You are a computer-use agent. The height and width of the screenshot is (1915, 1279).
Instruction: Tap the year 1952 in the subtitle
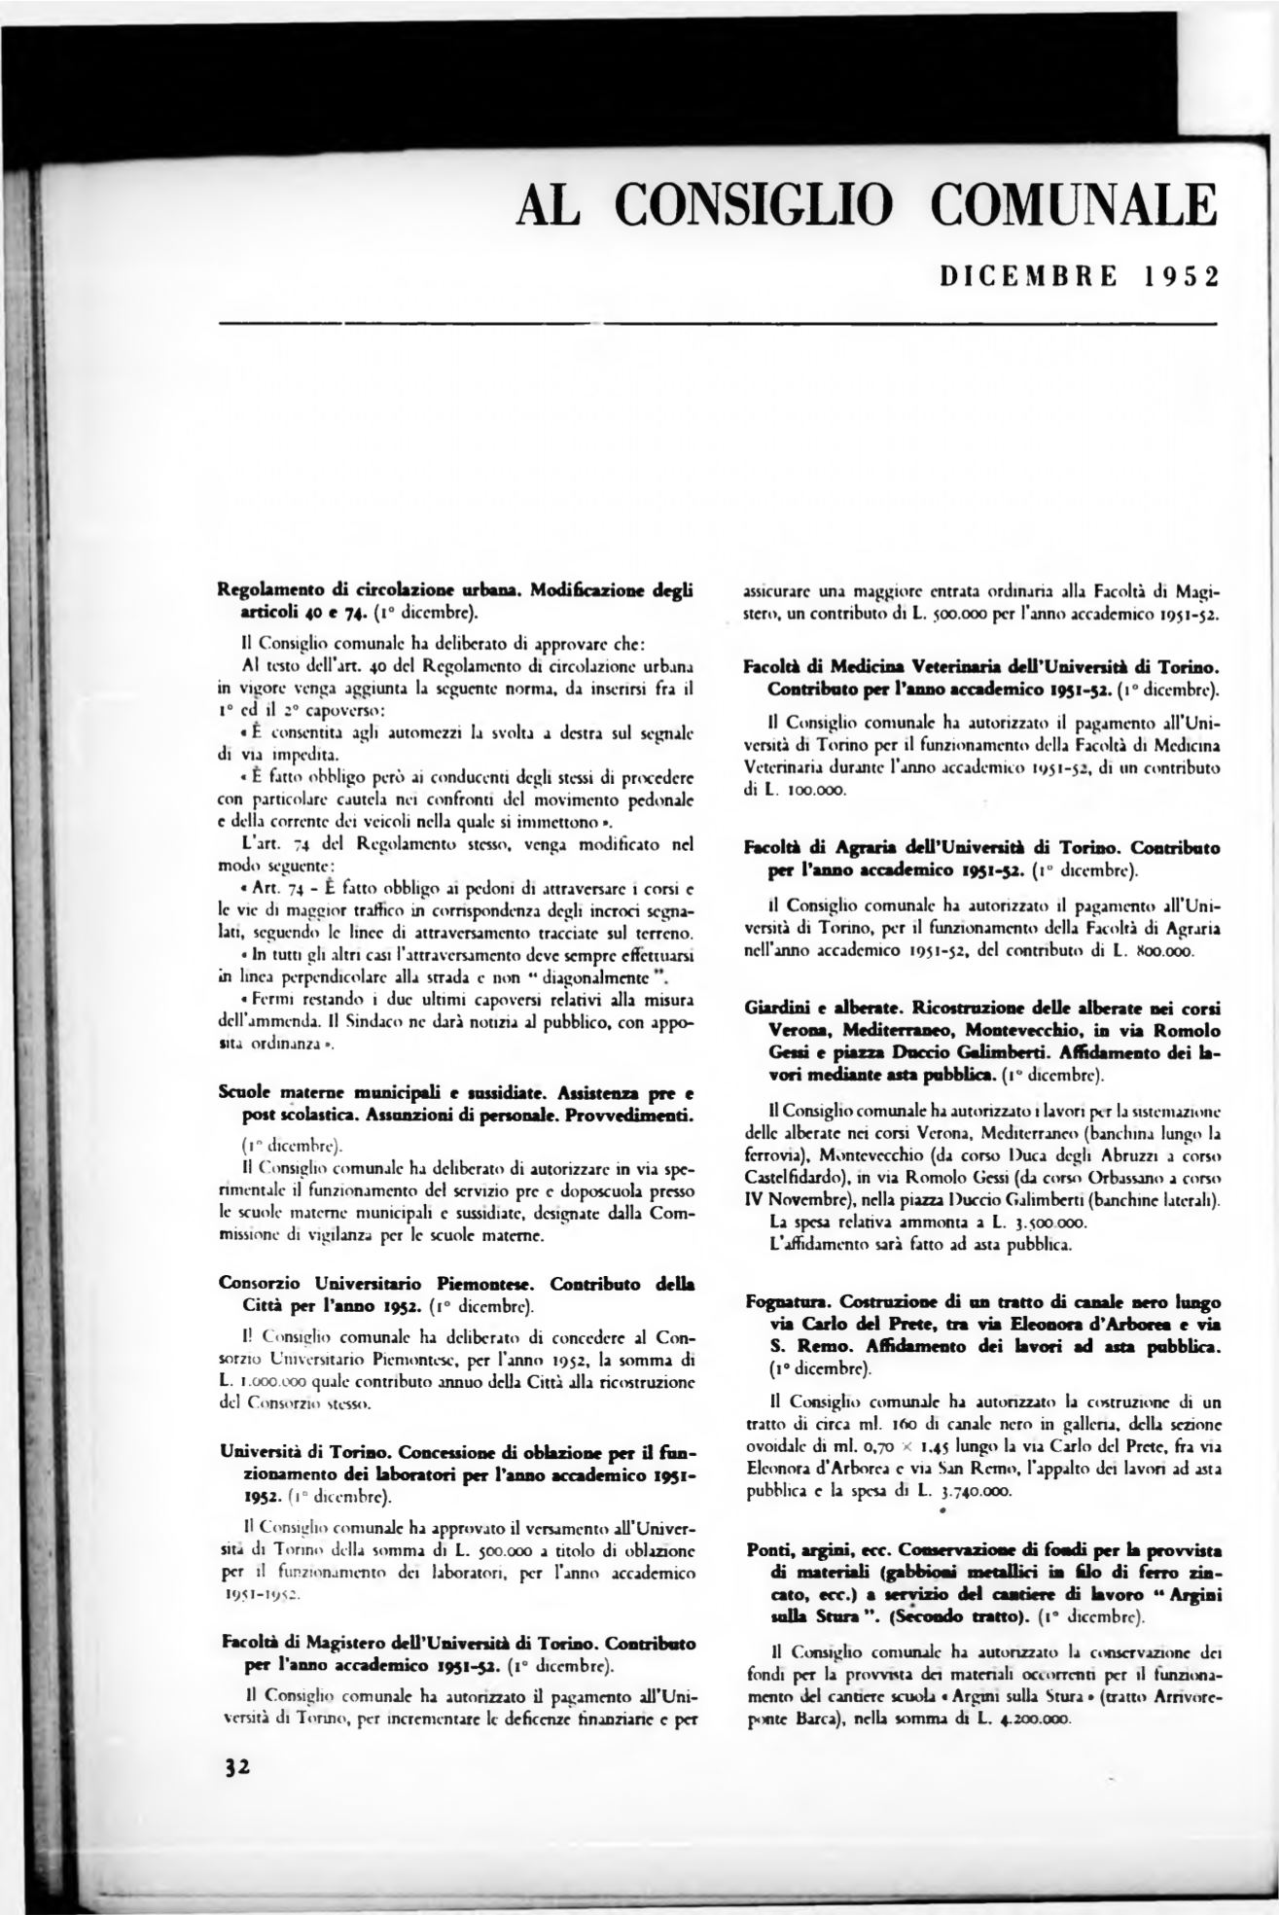pos(1181,277)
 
